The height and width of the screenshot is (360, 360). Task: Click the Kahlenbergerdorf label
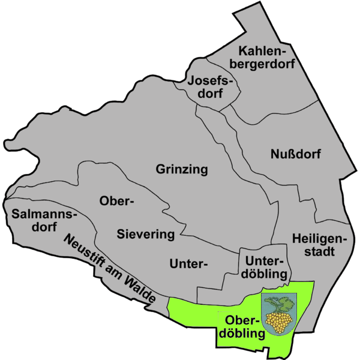coord(267,58)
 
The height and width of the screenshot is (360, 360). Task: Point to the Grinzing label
coord(182,170)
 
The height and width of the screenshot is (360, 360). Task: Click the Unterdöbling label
coord(264,268)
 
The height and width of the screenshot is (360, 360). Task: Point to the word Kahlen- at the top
coord(267,50)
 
